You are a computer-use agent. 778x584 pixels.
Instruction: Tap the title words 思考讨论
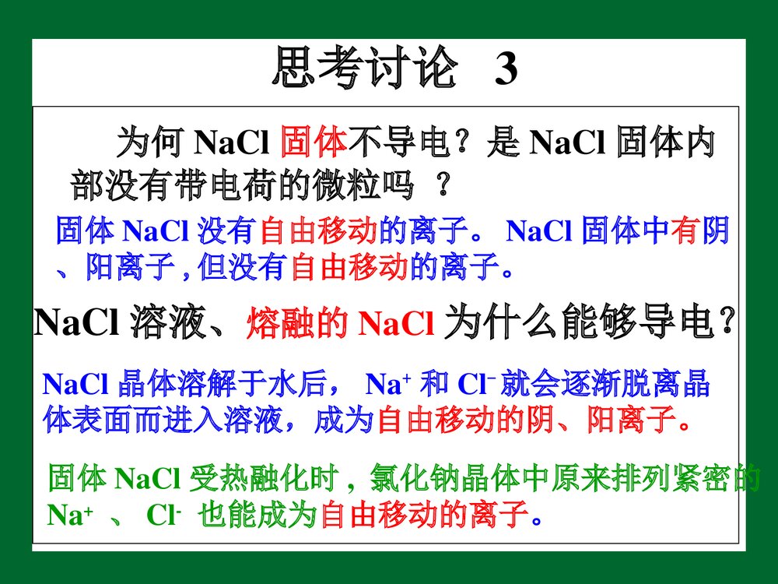point(364,70)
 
